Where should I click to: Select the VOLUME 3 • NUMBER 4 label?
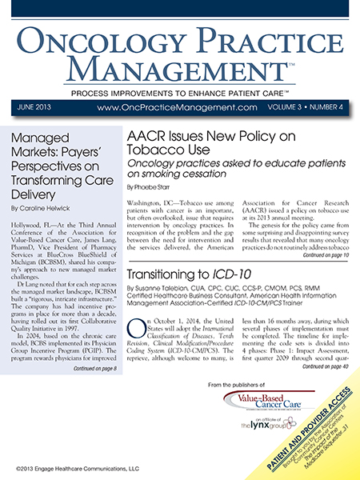(306, 106)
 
